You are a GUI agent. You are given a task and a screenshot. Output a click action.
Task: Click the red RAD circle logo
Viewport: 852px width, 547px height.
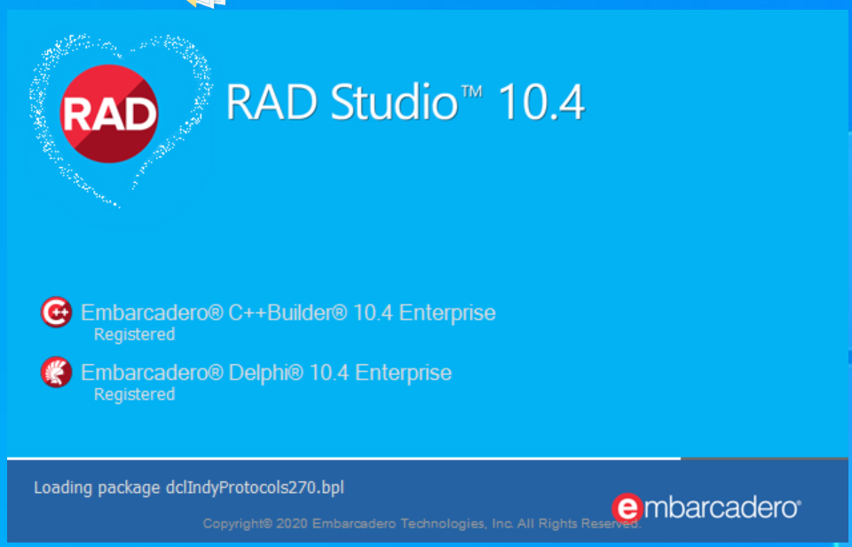[x=109, y=114]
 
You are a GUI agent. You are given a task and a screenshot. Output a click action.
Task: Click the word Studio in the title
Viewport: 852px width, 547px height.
[x=394, y=102]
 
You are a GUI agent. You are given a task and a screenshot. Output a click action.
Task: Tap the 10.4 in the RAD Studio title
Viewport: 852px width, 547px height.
[x=541, y=102]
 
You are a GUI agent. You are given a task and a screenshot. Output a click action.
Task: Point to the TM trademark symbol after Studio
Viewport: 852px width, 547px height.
[x=471, y=91]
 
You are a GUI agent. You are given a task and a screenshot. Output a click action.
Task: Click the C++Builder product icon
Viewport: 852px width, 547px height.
[x=56, y=312]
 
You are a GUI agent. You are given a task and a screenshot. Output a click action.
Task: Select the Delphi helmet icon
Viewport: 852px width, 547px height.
[x=56, y=372]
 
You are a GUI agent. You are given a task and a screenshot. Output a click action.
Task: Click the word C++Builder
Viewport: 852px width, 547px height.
[x=288, y=313]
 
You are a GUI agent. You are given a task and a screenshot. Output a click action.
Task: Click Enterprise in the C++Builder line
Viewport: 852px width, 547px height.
[x=447, y=313]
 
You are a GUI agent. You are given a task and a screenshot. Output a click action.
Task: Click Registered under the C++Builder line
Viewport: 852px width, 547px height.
[x=134, y=335]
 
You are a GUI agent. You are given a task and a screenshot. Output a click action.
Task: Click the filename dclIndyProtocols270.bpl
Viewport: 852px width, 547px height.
[x=255, y=488]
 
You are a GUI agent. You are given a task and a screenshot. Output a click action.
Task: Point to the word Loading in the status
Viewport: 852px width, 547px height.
[x=63, y=488]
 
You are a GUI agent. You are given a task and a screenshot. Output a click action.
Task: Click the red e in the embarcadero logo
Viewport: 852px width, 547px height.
[x=627, y=509]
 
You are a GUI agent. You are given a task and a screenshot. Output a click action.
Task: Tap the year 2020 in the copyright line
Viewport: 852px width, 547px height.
[x=292, y=524]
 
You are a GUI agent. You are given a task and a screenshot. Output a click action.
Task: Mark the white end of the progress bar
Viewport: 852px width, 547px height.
[x=680, y=458]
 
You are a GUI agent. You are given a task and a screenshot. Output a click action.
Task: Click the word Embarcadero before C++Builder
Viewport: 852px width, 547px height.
[x=152, y=313]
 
